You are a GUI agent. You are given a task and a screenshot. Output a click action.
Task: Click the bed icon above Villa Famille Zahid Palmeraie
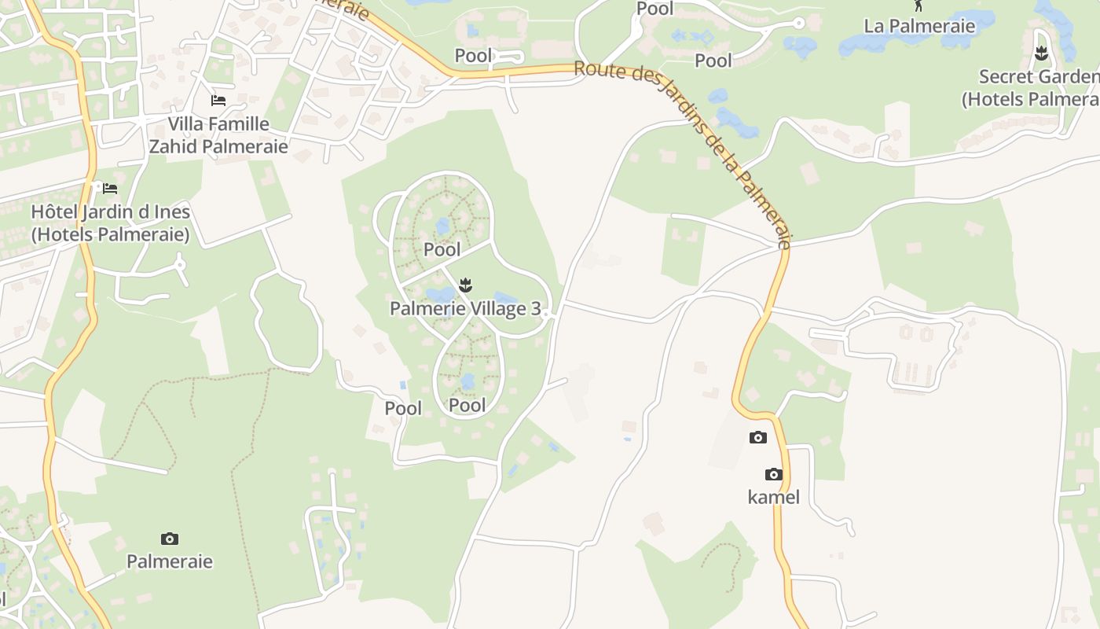point(218,101)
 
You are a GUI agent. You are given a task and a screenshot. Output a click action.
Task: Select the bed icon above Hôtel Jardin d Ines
point(110,188)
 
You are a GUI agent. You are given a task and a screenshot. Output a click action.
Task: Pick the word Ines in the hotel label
point(173,212)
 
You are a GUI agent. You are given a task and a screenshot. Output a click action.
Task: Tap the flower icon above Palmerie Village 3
point(465,285)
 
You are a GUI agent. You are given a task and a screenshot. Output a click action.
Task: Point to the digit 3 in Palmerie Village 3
point(537,308)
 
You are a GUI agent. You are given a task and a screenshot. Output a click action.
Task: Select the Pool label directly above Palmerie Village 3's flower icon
point(442,250)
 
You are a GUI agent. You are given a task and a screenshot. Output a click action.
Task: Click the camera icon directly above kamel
point(774,474)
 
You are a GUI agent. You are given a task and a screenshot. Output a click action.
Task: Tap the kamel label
point(774,497)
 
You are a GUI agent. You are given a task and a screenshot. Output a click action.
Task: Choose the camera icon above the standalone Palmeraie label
point(170,539)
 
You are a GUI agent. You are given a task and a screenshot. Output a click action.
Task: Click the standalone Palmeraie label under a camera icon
point(170,561)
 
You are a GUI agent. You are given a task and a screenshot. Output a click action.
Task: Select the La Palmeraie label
point(919,26)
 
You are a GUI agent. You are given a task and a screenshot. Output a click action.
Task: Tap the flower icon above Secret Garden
point(1042,53)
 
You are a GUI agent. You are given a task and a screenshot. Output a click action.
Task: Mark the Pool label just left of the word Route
point(474,56)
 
